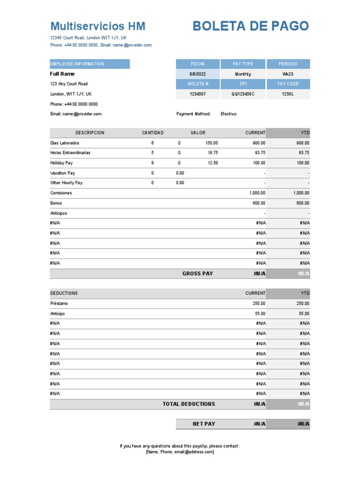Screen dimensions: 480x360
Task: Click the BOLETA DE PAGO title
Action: pyautogui.click(x=251, y=26)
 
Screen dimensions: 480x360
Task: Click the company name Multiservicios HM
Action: pyautogui.click(x=97, y=26)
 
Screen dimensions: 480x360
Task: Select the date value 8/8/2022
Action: pyautogui.click(x=197, y=74)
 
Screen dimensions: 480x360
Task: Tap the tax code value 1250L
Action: pyautogui.click(x=287, y=94)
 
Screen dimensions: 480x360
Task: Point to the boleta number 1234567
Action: pyautogui.click(x=197, y=94)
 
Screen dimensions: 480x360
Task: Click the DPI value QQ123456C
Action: pyautogui.click(x=242, y=94)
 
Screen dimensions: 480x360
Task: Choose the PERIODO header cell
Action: pyautogui.click(x=287, y=64)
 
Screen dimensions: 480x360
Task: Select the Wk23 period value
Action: pyautogui.click(x=287, y=74)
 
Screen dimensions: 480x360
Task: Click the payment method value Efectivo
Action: pyautogui.click(x=229, y=114)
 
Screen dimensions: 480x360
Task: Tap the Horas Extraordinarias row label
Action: pyautogui.click(x=70, y=153)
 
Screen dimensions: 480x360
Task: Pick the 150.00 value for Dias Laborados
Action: pyautogui.click(x=211, y=143)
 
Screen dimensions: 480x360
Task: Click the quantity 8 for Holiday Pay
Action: pyautogui.click(x=152, y=163)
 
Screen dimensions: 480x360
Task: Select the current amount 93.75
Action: pyautogui.click(x=259, y=153)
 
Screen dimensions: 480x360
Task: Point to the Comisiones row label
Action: pyautogui.click(x=61, y=193)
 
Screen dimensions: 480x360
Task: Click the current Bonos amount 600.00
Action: pyautogui.click(x=259, y=203)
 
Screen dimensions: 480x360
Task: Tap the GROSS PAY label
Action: pyautogui.click(x=197, y=274)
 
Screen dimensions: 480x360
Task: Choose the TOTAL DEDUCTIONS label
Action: pyautogui.click(x=188, y=404)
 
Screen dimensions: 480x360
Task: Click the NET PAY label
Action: pyautogui.click(x=204, y=424)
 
